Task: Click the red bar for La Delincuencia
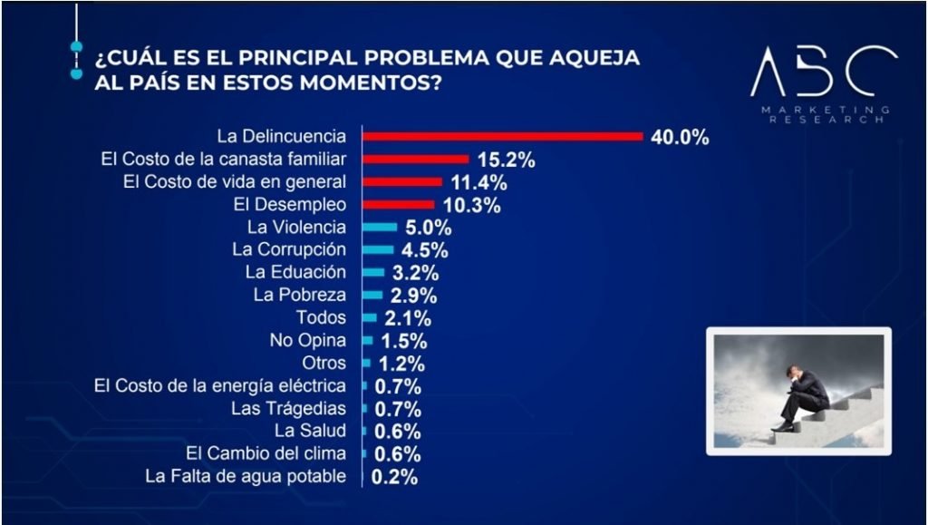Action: (502, 137)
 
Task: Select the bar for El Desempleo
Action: (398, 205)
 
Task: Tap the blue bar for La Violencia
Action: (380, 227)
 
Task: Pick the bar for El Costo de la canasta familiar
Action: (415, 160)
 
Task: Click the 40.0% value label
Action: (679, 138)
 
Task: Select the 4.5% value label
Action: (424, 250)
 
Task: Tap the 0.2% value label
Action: (394, 476)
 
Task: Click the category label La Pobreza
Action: (300, 295)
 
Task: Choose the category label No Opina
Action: (308, 340)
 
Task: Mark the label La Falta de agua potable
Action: (246, 476)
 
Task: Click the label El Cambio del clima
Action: (266, 453)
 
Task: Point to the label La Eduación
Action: (295, 272)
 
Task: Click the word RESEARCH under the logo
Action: (823, 119)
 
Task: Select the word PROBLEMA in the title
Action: (420, 59)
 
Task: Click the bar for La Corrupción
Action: (378, 249)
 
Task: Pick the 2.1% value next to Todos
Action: (406, 318)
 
